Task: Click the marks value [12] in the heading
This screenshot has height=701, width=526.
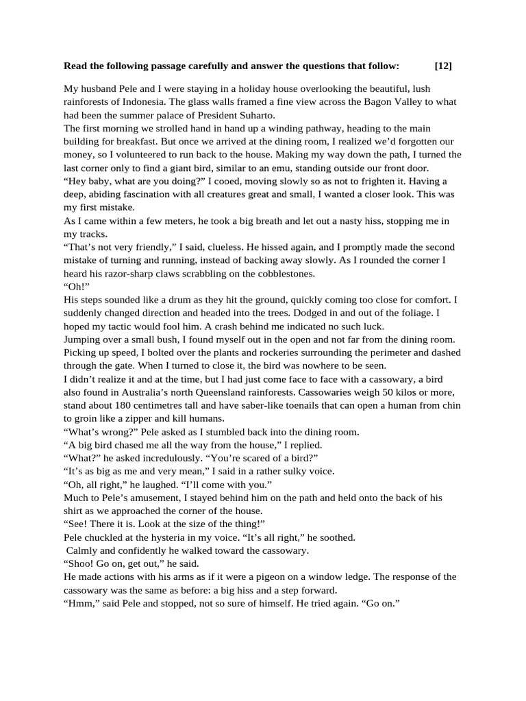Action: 443,66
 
